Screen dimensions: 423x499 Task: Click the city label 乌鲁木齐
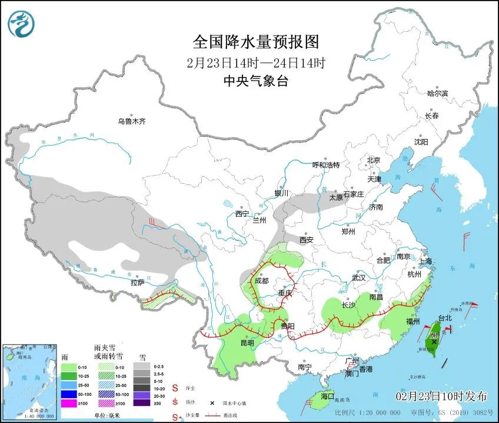click(131, 121)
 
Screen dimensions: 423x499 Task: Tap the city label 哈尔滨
click(437, 93)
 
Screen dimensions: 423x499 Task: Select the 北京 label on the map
click(374, 160)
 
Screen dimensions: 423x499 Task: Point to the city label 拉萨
click(138, 283)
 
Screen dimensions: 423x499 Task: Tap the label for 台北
click(445, 318)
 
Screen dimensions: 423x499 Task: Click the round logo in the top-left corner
click(21, 24)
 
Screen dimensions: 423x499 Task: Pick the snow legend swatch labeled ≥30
click(142, 404)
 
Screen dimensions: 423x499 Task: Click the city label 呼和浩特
click(325, 165)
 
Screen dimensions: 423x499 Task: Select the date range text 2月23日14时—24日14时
click(256, 62)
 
